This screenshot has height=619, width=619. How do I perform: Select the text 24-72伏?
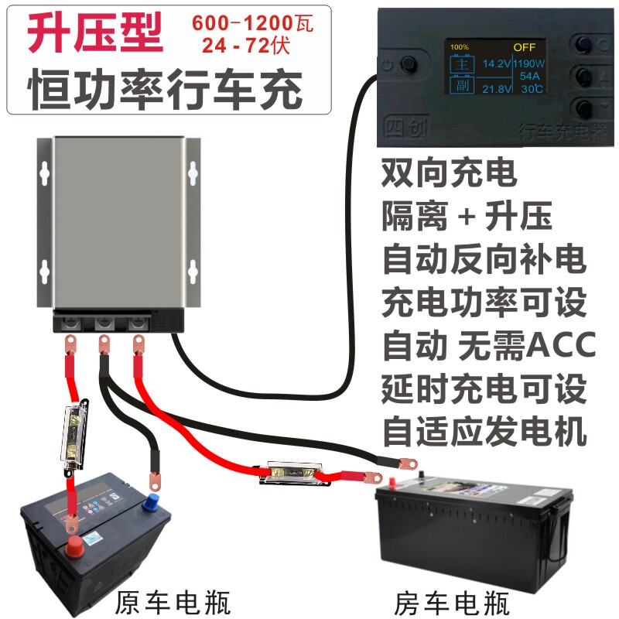[245, 46]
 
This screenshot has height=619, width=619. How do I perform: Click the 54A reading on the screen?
[529, 77]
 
